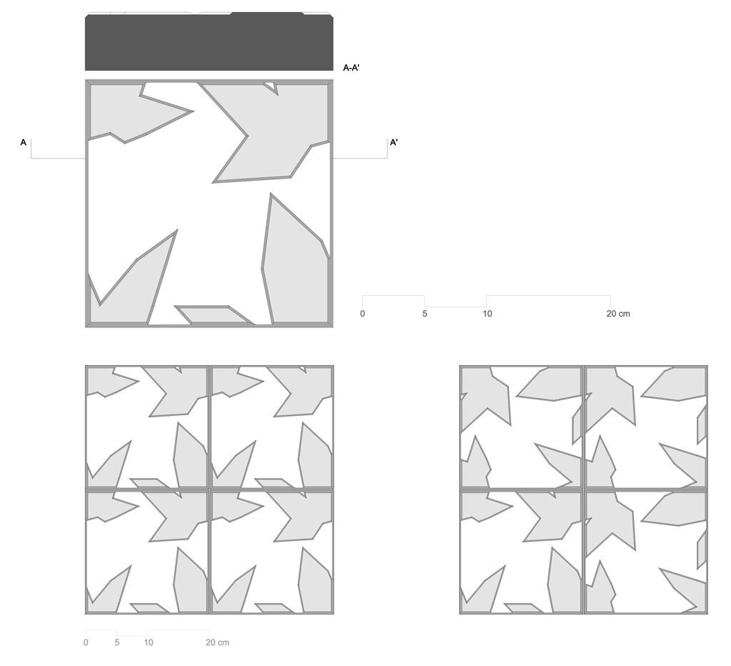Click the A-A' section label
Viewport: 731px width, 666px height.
click(351, 68)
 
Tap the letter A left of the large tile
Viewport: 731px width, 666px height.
click(24, 142)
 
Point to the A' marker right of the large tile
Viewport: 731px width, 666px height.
click(394, 142)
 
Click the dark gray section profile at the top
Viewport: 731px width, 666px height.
click(209, 42)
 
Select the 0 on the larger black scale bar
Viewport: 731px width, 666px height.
click(362, 314)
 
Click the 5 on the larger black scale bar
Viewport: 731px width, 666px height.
click(425, 314)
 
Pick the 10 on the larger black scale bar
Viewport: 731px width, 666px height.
click(487, 314)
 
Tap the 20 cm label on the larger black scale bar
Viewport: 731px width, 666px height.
click(618, 314)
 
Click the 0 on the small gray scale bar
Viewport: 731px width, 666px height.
click(86, 642)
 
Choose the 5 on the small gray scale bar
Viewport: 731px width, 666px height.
click(117, 642)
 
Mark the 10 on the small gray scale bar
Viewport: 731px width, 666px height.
click(148, 642)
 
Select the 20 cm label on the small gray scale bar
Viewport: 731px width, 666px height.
click(217, 642)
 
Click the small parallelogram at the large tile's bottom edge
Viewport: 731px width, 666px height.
click(214, 314)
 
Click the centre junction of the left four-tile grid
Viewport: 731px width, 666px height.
click(209, 489)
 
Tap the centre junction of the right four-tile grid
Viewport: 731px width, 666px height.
click(584, 489)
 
